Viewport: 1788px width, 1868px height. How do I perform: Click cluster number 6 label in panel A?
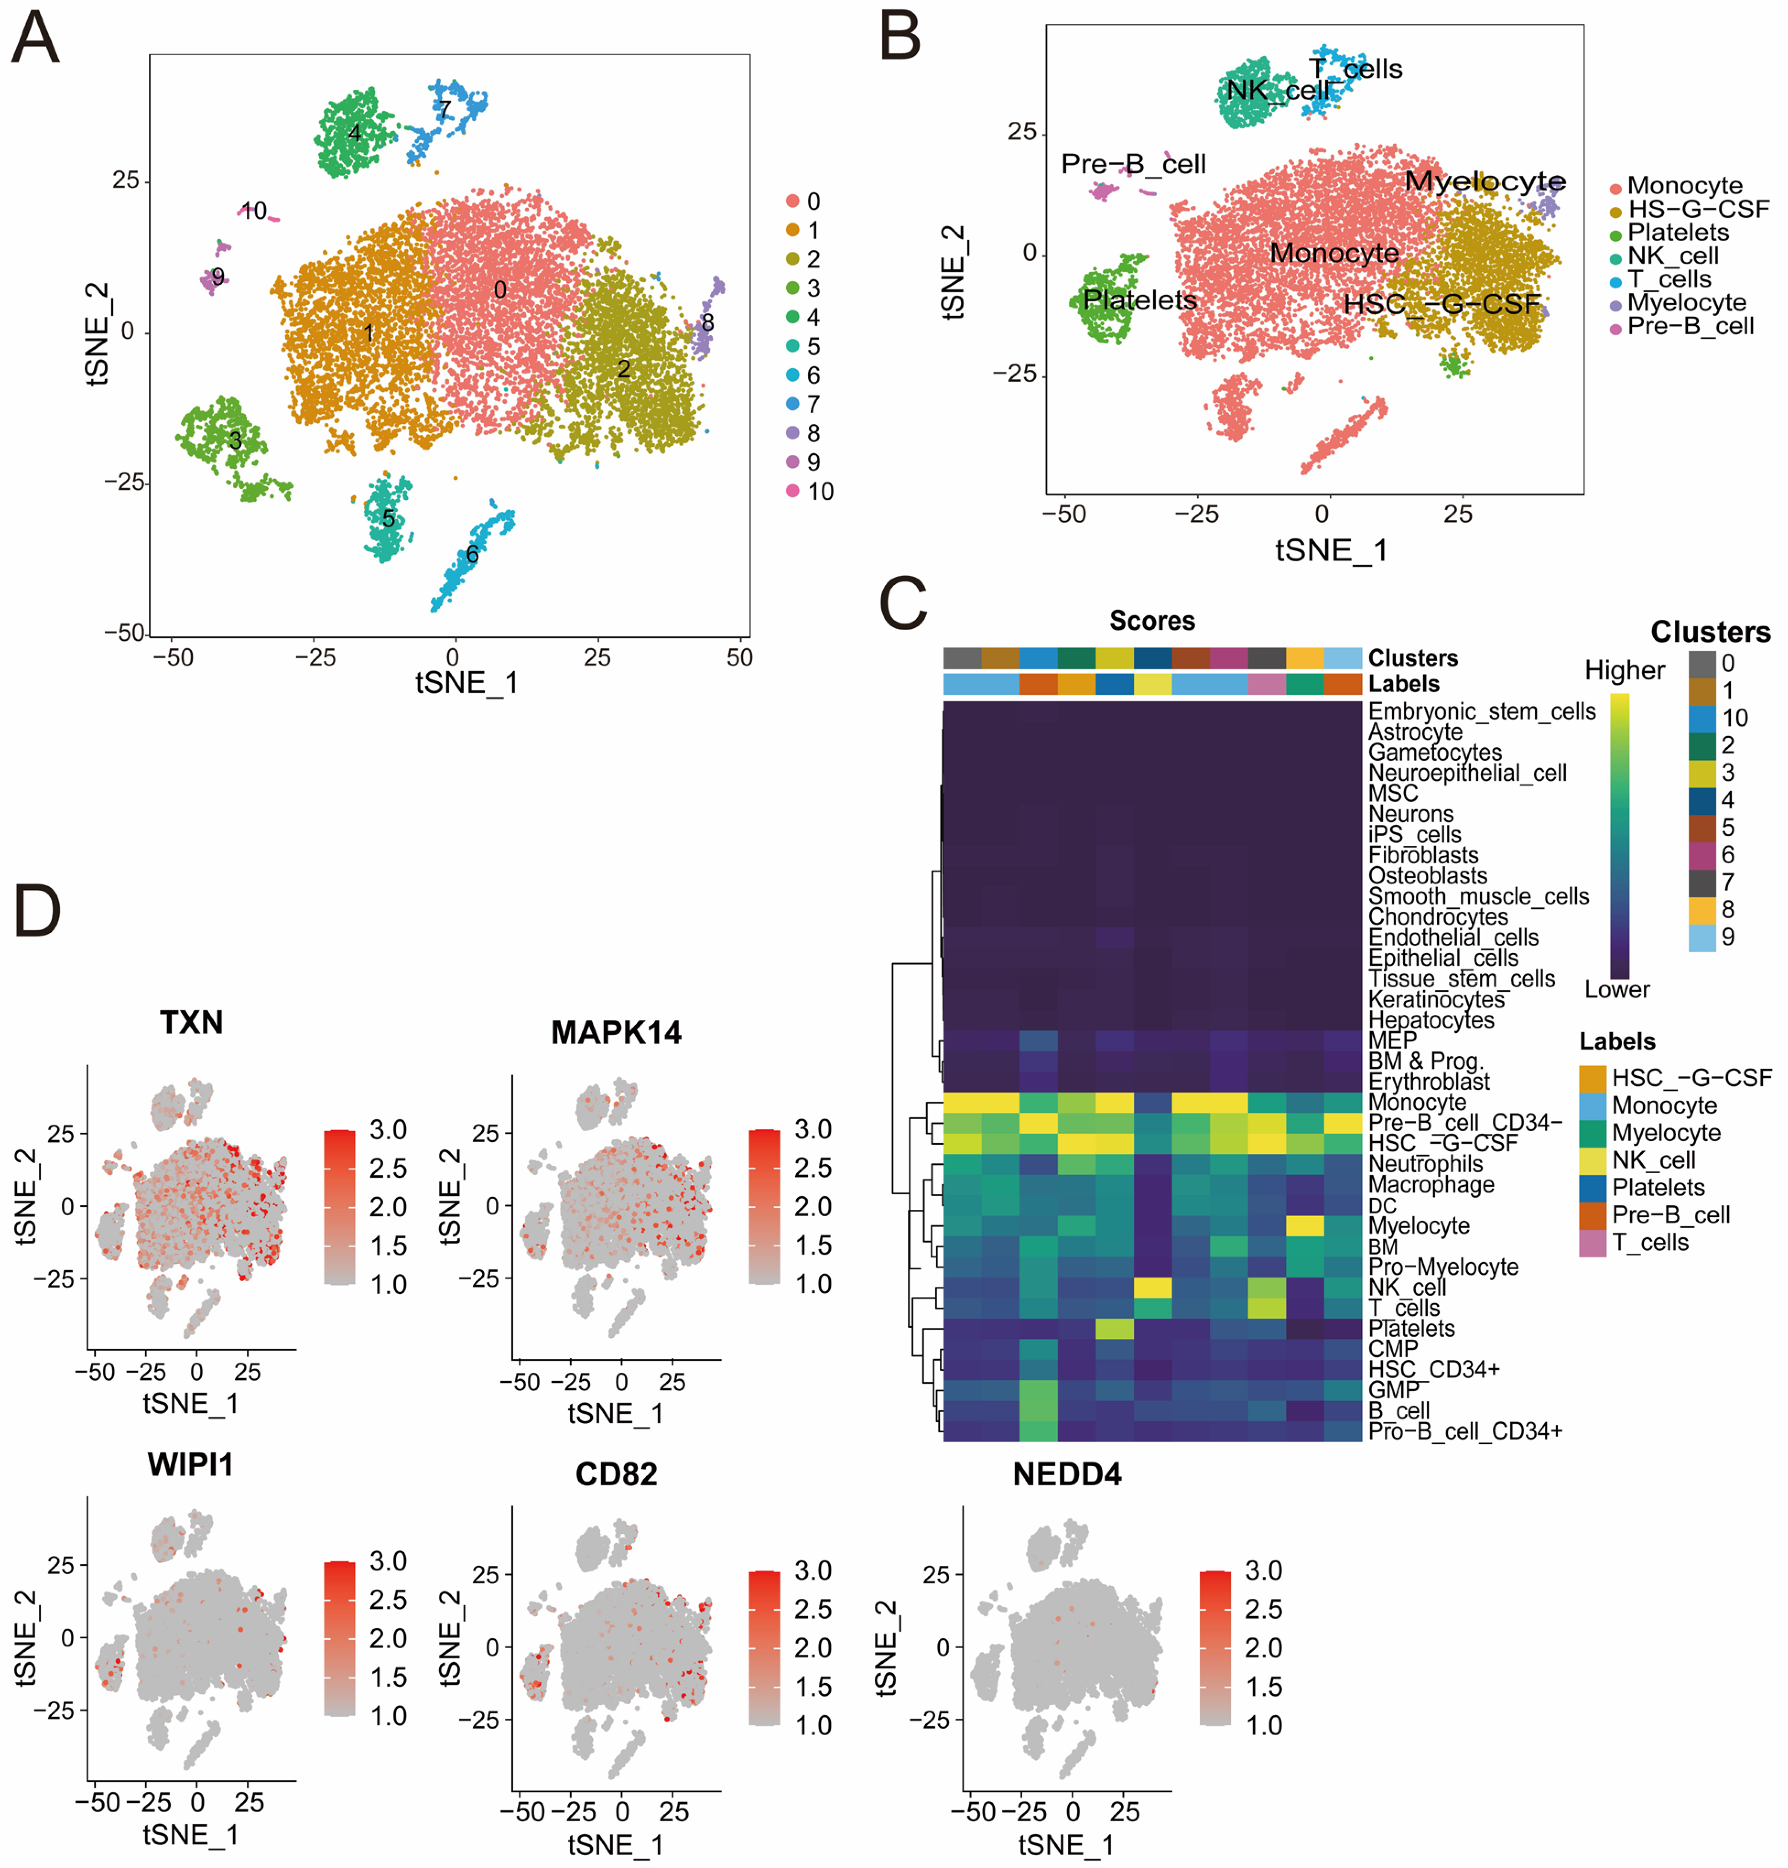pos(472,554)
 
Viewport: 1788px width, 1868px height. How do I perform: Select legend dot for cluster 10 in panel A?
pos(792,491)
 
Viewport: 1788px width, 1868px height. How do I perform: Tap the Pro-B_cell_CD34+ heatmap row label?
pos(1465,1430)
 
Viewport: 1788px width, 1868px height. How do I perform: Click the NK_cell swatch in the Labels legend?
pos(1593,1160)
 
